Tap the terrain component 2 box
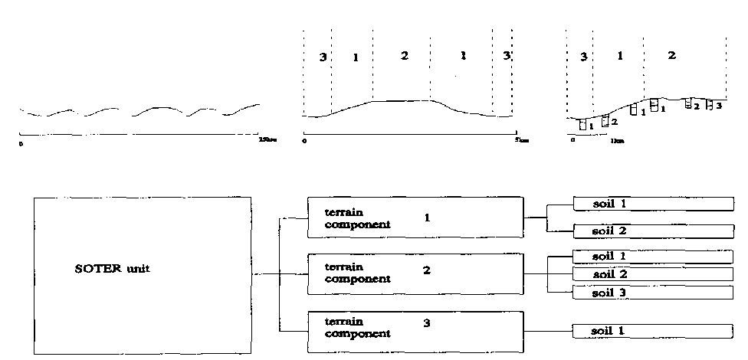coord(415,274)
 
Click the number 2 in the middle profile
coord(404,56)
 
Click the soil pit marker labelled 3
coord(710,105)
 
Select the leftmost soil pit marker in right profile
coord(583,125)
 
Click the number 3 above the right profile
coord(584,57)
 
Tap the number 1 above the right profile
coord(620,56)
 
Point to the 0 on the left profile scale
coord(21,142)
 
